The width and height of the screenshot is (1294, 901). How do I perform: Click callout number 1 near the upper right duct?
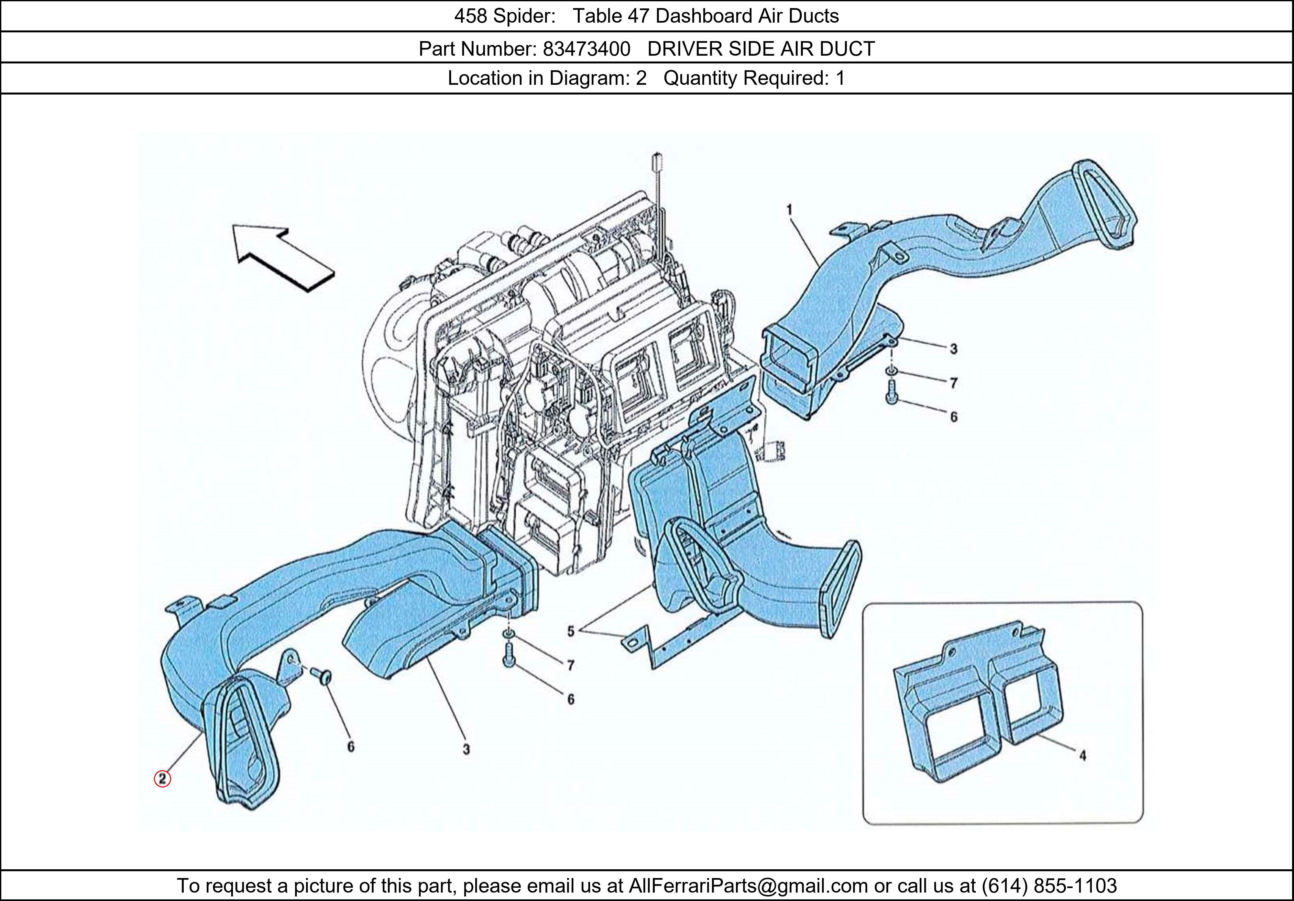click(x=790, y=210)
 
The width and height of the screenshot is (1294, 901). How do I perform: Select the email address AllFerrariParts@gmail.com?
click(x=748, y=886)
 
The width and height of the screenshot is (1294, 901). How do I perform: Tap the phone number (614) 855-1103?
click(x=1049, y=886)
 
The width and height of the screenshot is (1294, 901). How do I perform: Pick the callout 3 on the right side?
click(x=953, y=349)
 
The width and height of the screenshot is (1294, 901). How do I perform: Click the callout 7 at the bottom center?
click(x=570, y=665)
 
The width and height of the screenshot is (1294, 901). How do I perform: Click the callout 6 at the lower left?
click(x=351, y=747)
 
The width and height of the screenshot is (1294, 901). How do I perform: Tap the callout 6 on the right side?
click(x=953, y=417)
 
